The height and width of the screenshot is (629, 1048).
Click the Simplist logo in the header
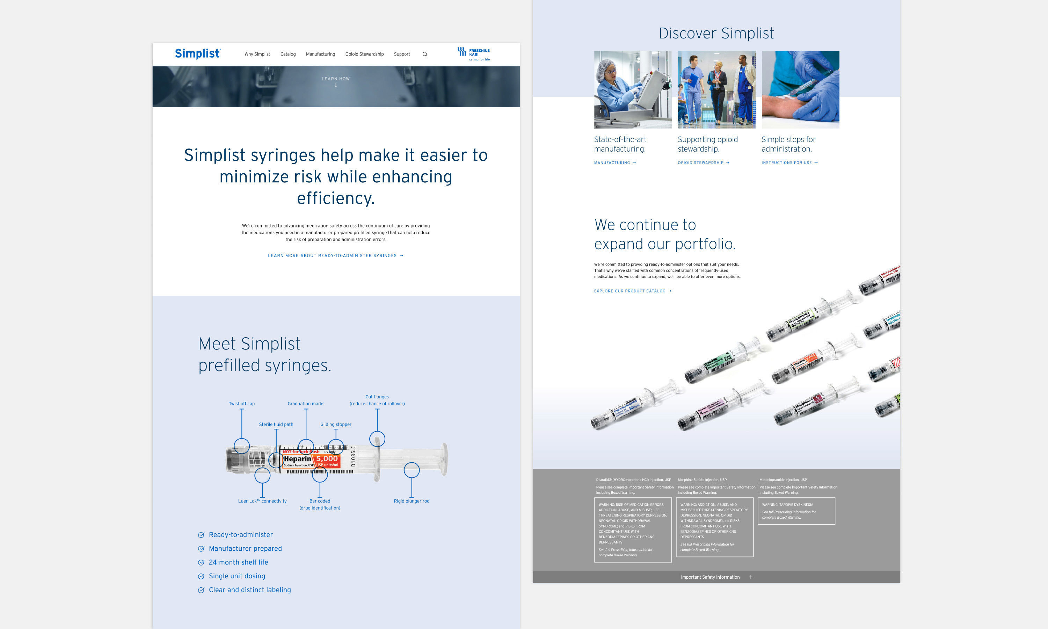pos(197,54)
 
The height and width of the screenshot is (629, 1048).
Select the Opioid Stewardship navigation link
pos(364,54)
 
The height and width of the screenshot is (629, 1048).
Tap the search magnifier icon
pos(425,54)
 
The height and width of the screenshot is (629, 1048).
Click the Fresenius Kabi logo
pos(474,54)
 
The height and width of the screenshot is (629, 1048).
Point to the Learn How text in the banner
pos(335,79)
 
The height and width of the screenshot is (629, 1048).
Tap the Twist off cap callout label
pos(241,404)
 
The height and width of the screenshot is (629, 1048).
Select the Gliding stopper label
pos(335,424)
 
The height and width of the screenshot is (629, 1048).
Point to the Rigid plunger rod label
pos(411,501)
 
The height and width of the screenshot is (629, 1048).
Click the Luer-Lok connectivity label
pos(262,501)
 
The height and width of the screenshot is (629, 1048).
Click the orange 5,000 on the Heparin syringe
pos(327,458)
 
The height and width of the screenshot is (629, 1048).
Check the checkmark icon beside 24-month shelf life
pos(201,563)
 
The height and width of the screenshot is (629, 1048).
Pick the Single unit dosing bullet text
pos(237,576)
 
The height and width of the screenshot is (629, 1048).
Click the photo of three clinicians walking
pos(716,89)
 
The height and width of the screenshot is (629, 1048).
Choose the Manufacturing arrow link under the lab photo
pos(614,163)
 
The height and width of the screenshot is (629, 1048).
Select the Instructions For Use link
pos(789,163)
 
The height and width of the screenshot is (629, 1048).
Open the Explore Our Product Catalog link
pos(632,291)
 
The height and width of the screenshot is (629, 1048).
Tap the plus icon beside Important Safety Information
pos(750,577)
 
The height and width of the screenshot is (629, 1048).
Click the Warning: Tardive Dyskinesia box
pos(796,511)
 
